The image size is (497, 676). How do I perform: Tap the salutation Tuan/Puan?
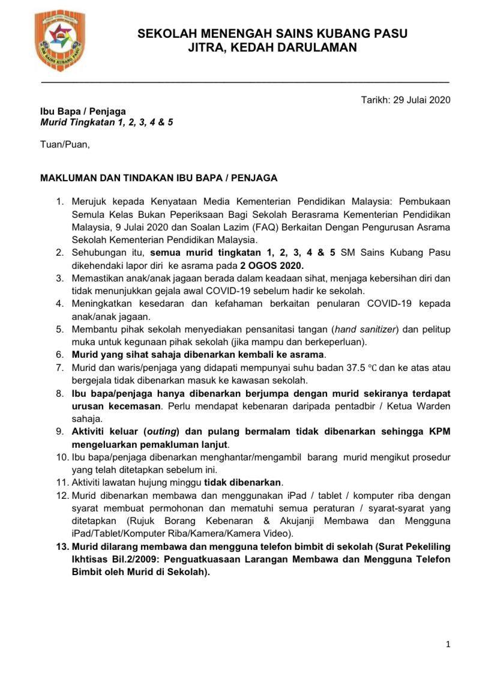pyautogui.click(x=65, y=145)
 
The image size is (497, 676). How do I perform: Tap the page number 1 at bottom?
pyautogui.click(x=448, y=644)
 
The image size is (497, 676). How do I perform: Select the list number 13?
pyautogui.click(x=62, y=547)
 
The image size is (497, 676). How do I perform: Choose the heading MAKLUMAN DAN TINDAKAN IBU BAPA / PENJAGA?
pyautogui.click(x=158, y=178)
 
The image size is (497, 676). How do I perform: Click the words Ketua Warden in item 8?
pyautogui.click(x=423, y=406)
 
